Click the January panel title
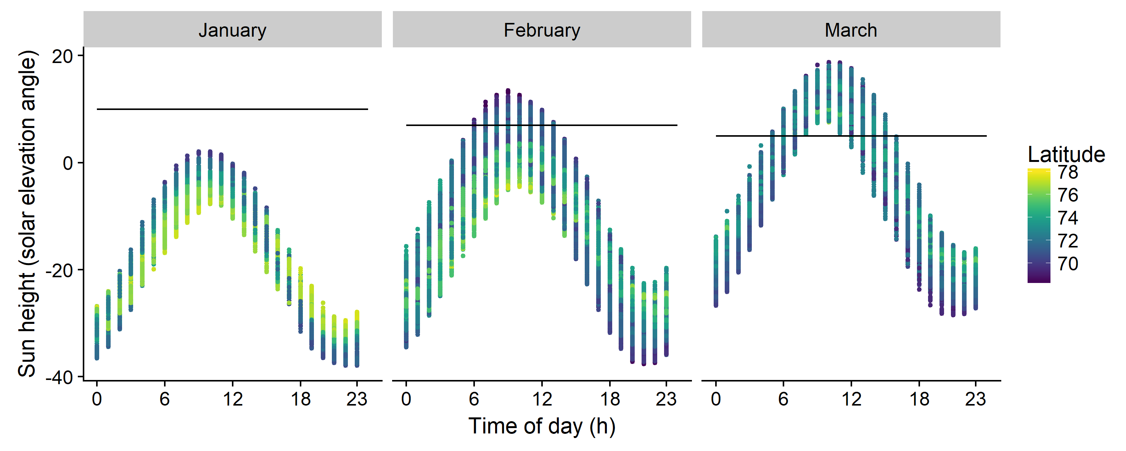[232, 30]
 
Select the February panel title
[542, 30]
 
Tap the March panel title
[851, 30]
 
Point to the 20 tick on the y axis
[62, 57]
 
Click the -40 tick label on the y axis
[59, 377]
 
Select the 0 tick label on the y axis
[68, 163]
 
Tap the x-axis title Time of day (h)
[542, 426]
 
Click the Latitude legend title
[1066, 154]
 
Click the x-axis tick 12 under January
[232, 399]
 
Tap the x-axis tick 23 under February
[666, 399]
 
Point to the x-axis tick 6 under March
[783, 399]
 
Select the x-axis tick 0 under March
[716, 399]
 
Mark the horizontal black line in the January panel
[232, 109]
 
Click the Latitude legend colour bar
[1039, 226]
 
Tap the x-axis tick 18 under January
[300, 399]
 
